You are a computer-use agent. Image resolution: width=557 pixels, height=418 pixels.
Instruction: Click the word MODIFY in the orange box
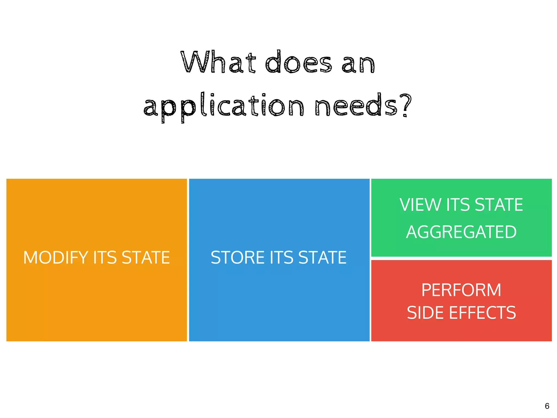pyautogui.click(x=56, y=257)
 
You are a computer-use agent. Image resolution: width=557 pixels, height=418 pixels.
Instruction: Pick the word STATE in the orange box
pyautogui.click(x=146, y=257)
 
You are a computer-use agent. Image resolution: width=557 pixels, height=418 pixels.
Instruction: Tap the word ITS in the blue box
pyautogui.click(x=281, y=257)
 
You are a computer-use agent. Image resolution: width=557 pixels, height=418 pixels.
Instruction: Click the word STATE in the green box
pyautogui.click(x=499, y=205)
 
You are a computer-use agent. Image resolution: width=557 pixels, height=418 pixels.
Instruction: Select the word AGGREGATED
pyautogui.click(x=461, y=232)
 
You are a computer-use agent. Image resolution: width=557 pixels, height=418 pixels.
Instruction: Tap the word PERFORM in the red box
pyautogui.click(x=461, y=290)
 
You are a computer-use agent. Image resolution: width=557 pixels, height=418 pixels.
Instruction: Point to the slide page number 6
pyautogui.click(x=547, y=406)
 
